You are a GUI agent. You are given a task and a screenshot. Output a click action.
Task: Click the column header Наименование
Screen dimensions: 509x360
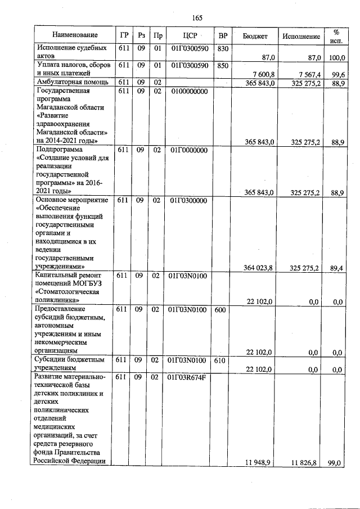71,35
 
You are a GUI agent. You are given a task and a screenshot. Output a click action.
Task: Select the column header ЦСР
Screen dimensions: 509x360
188,35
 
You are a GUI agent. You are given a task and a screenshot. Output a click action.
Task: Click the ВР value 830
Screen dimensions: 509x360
222,48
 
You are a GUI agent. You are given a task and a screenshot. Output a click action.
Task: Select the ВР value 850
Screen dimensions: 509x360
222,65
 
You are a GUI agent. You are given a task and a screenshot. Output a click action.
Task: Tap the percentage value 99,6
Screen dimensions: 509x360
337,75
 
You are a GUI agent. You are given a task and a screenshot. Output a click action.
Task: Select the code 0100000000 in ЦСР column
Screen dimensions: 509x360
189,91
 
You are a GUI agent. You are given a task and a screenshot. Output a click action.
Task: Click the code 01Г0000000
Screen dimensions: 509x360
189,150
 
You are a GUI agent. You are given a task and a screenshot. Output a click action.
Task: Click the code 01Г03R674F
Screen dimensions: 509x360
189,376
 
